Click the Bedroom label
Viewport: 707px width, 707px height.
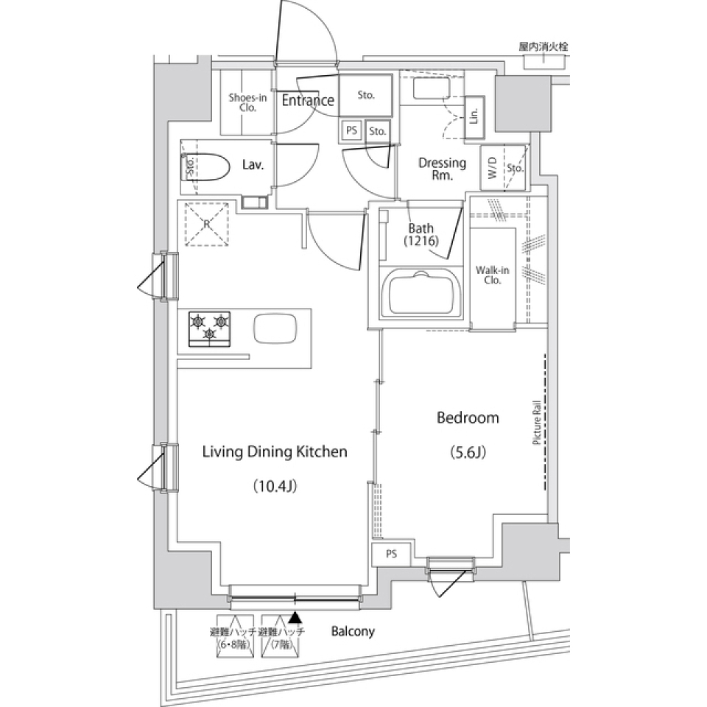point(468,418)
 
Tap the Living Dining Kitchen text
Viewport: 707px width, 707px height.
point(275,452)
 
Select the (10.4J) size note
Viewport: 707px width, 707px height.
point(275,485)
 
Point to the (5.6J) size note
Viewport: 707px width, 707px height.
point(468,452)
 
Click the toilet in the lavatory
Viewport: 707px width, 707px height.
point(208,166)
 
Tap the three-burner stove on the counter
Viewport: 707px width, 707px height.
point(210,328)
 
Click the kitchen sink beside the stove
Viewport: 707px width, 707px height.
point(275,328)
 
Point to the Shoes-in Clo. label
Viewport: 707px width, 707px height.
point(247,102)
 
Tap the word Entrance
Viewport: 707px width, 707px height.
point(308,101)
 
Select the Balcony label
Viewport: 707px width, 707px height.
point(353,631)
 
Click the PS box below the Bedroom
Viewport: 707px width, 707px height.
point(390,554)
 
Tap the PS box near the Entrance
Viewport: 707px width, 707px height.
point(351,131)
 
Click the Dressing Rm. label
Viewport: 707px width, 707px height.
point(442,169)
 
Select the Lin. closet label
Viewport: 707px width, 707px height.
point(475,116)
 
